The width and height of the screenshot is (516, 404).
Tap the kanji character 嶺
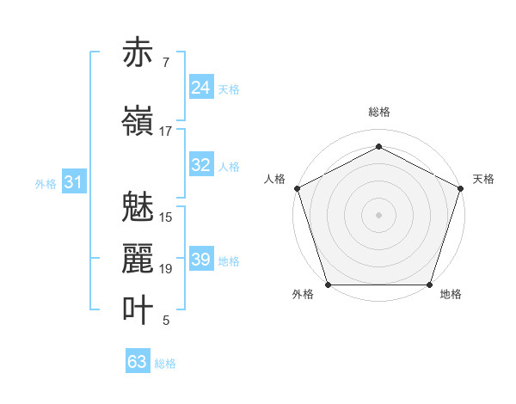coord(138,120)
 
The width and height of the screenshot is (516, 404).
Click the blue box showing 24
coord(201,88)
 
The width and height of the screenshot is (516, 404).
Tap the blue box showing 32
coord(201,166)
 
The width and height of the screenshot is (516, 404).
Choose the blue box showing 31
coord(74,182)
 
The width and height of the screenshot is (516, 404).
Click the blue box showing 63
coord(138,362)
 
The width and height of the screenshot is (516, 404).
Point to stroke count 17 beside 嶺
coord(166,132)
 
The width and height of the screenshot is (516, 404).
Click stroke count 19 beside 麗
coord(166,269)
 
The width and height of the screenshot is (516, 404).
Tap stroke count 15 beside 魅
coord(166,217)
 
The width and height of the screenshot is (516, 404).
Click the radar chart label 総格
coord(379,112)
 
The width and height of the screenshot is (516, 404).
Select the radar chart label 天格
coord(483,179)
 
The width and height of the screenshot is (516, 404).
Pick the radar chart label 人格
coord(275,179)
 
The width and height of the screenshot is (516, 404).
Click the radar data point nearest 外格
coord(328,285)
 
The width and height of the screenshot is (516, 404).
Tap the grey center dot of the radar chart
coord(379,214)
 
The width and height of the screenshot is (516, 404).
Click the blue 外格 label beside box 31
coord(46,183)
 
